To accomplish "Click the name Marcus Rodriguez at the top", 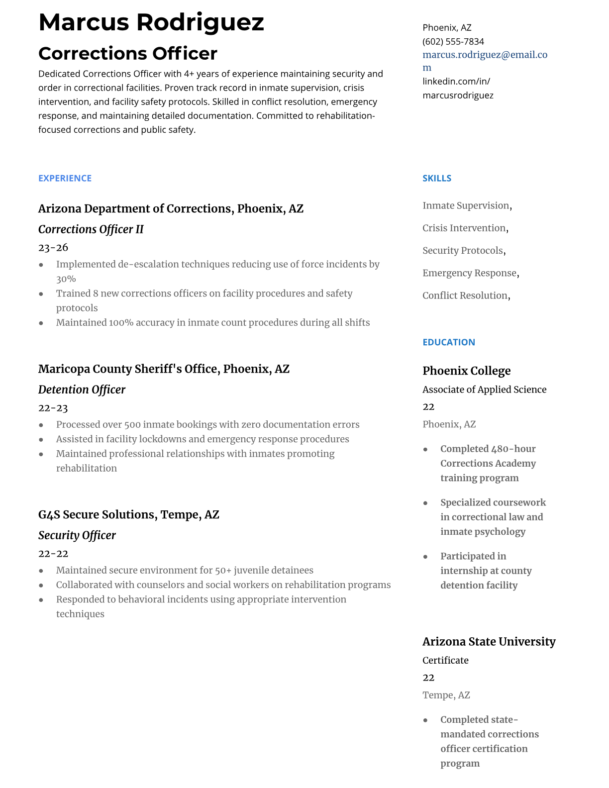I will [x=151, y=23].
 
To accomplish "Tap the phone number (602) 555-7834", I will [x=453, y=41].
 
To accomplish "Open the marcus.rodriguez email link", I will [x=485, y=55].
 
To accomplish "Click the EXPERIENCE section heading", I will [x=65, y=178].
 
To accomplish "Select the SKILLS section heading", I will [x=437, y=178].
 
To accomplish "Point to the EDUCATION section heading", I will [x=448, y=342].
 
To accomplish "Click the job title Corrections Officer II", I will [x=91, y=229].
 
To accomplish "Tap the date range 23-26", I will [x=53, y=247].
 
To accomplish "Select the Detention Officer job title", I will [x=82, y=390].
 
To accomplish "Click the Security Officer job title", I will [x=77, y=535].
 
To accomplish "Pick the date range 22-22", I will [x=53, y=554].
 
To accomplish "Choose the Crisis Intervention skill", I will [x=464, y=228].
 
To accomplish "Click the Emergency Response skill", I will [x=470, y=273].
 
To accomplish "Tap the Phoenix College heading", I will [x=466, y=371].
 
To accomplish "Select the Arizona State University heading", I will [x=489, y=642].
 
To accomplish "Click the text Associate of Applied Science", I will [x=484, y=390].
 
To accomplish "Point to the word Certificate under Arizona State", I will [x=445, y=660].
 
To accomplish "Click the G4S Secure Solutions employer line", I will [x=128, y=514].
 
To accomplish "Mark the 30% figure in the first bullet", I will [x=66, y=279].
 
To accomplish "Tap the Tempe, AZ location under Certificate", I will [x=446, y=695].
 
